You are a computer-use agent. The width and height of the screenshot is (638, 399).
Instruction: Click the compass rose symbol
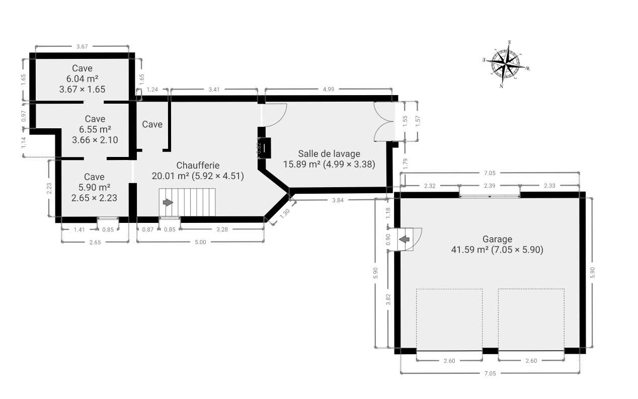pos(506,64)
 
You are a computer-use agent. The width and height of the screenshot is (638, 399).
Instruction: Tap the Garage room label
pos(497,239)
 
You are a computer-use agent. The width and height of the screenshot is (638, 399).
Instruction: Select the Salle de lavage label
pos(329,154)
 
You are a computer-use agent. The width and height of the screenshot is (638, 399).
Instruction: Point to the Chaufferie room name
pos(198,165)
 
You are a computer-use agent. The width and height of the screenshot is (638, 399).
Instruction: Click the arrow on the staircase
pos(168,202)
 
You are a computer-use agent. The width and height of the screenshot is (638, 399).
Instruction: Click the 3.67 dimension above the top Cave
pos(82,46)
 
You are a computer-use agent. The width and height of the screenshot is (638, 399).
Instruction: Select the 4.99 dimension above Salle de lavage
pos(329,89)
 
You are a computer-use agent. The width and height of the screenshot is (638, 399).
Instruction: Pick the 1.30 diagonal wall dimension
pos(285,213)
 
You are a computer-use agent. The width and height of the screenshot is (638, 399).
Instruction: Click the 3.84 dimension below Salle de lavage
pos(338,200)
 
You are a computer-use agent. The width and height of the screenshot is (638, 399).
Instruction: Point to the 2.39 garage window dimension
pos(490,186)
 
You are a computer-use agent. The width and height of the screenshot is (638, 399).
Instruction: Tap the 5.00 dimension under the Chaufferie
pos(200,242)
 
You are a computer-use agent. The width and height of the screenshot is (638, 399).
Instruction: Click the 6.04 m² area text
pos(83,78)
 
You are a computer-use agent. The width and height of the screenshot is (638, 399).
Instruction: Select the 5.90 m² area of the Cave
pos(94,187)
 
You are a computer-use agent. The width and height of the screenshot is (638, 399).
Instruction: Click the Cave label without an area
pos(152,124)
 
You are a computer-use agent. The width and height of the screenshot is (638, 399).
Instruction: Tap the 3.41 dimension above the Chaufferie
pos(214,90)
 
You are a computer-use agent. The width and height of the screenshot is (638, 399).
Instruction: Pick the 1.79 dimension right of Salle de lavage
pos(406,164)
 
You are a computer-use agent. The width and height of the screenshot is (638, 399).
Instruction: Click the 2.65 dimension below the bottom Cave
pos(95,243)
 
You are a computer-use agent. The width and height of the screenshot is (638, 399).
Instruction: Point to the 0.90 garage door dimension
pos(388,240)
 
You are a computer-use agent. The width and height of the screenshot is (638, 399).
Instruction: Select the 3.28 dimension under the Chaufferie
pos(222,229)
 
